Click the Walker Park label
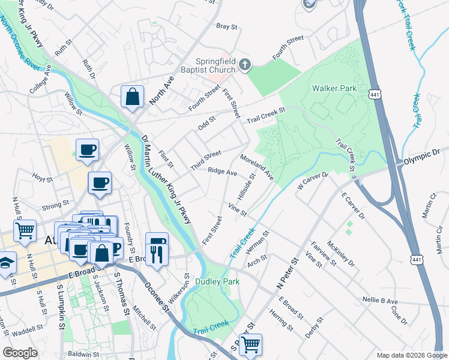334,88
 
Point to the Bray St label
227,26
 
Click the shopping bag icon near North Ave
132,97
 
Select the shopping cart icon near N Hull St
25,230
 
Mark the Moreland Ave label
256,167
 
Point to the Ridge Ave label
222,172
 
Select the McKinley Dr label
342,254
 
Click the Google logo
20,353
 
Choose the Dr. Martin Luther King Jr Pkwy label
166,180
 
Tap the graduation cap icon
6,263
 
